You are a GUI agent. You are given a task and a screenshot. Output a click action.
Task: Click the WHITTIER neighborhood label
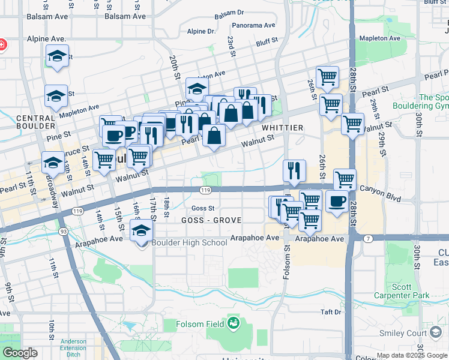(x=282, y=128)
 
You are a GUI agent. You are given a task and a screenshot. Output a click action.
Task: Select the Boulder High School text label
(x=190, y=242)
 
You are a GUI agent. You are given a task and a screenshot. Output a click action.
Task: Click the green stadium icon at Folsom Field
(x=234, y=325)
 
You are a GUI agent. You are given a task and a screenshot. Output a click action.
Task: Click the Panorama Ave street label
(x=253, y=26)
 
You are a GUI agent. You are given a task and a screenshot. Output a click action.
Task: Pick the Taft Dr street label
(x=330, y=312)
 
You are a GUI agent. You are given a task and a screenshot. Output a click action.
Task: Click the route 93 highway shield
(x=62, y=231)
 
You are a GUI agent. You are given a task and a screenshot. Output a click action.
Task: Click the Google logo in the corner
(x=20, y=352)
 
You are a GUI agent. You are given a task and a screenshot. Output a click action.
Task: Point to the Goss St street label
(x=203, y=208)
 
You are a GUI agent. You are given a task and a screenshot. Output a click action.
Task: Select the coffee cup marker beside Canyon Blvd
(x=337, y=201)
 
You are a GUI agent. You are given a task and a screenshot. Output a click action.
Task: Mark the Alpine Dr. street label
(x=200, y=31)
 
